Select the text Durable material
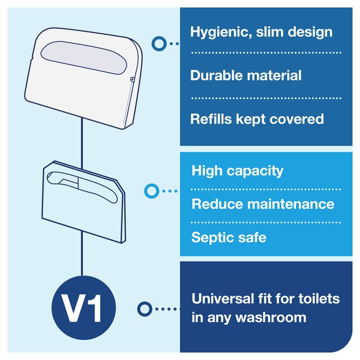coord(246,75)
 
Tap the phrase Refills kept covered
coord(257,119)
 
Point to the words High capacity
coord(237,171)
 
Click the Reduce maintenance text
coord(263,204)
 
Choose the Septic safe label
coord(229,237)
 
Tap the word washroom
coord(271,317)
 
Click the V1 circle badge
coord(84,308)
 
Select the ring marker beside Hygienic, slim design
coord(159,44)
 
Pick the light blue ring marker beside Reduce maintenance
coord(151,191)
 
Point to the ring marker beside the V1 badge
coord(145,309)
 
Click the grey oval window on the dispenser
coord(84,57)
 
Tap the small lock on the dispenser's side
coord(133,79)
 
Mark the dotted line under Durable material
coord(266,98)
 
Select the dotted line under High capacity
coord(266,190)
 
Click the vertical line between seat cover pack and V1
coord(82,253)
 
